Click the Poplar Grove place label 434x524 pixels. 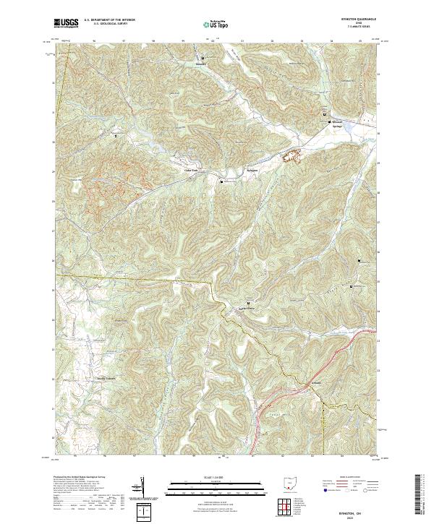pyautogui.click(x=249, y=309)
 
